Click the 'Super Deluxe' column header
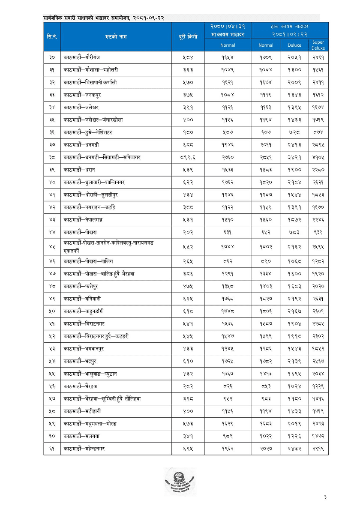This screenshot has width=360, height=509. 318,45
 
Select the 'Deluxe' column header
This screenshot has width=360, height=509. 294,45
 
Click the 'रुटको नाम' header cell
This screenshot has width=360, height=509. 116,37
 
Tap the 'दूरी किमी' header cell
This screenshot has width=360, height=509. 188,37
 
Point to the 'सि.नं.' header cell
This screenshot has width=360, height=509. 52,37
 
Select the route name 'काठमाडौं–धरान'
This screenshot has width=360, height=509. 77,170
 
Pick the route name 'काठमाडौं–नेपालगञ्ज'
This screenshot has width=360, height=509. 83,220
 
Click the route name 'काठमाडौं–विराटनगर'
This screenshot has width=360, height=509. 84,324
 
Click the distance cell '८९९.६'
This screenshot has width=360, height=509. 188,158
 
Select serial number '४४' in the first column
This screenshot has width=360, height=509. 52,233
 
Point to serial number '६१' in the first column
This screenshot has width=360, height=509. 52,449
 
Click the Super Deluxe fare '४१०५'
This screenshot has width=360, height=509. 318,158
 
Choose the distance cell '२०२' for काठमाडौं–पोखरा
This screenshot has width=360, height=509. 188,233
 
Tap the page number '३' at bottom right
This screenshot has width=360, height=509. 325,497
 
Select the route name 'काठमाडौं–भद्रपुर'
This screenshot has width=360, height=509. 80,362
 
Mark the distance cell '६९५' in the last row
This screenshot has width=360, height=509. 188,449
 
